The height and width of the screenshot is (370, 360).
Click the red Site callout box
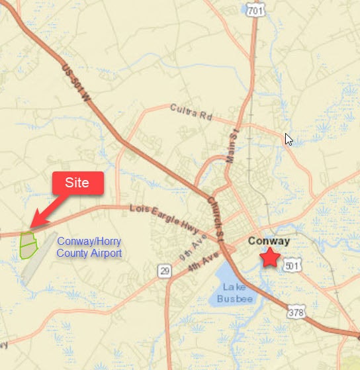[77, 183]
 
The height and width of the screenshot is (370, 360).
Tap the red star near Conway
[270, 257]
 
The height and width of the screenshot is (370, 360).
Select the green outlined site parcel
[28, 244]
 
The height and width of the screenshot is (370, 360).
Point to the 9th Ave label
[192, 251]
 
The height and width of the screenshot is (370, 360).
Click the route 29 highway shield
[164, 271]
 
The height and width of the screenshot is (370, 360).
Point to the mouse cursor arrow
[288, 138]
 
